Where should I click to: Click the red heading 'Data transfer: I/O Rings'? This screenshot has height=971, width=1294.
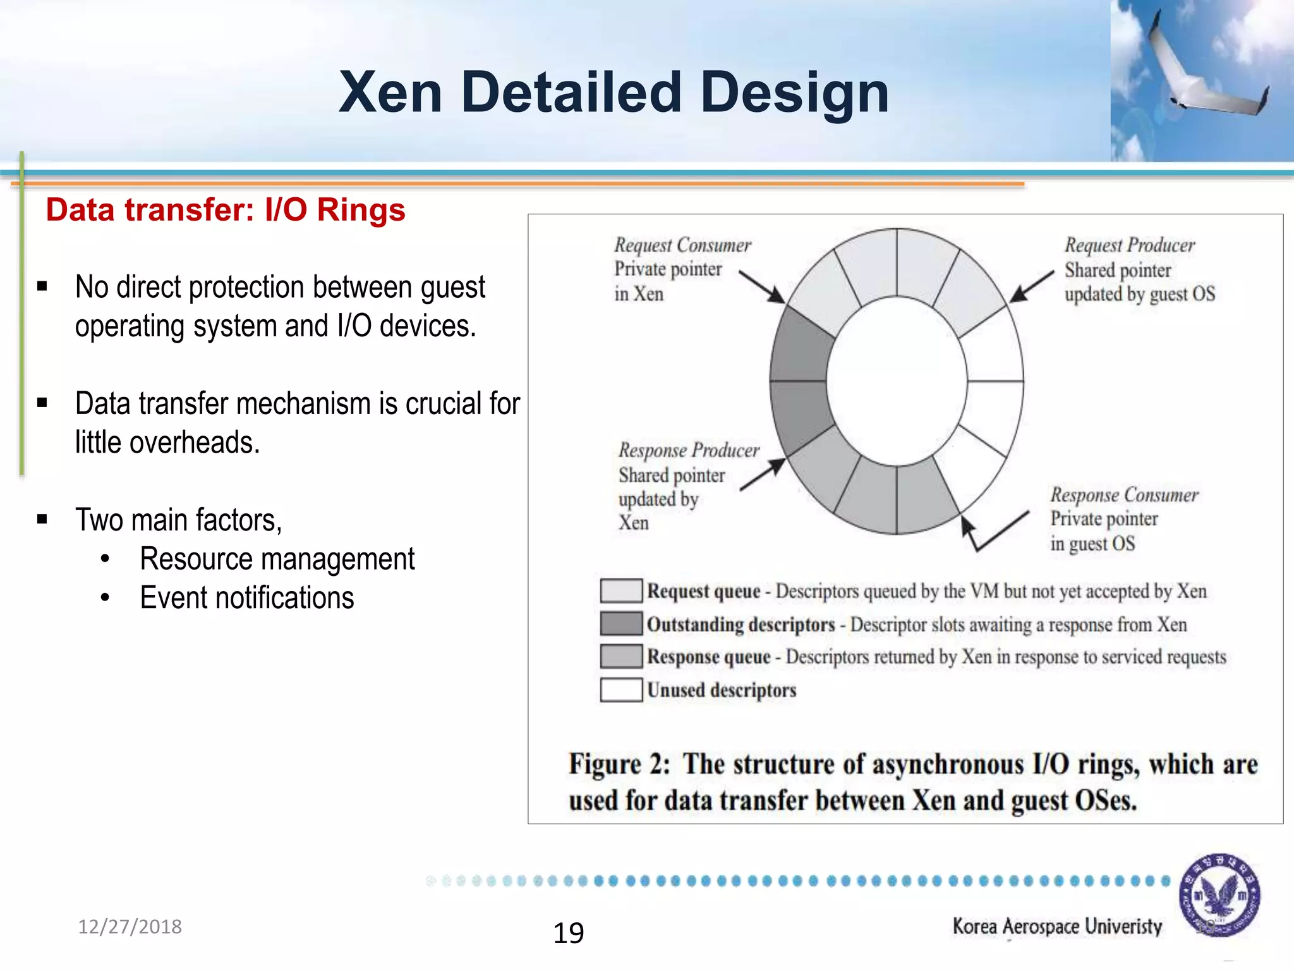(226, 210)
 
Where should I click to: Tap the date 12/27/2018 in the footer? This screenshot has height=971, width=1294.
(130, 927)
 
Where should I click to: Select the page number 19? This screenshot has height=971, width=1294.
(568, 933)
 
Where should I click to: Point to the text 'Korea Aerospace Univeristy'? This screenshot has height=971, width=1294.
(1057, 927)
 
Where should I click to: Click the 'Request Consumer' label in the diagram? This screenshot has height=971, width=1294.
(682, 245)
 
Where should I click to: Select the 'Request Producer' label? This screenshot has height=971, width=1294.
(1130, 245)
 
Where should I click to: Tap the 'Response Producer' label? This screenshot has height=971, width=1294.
(689, 450)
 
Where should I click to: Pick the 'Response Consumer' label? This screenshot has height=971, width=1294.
(1124, 495)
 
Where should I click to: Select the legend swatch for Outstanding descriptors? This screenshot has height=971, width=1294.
(621, 624)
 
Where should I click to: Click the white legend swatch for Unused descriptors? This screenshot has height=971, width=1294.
(621, 690)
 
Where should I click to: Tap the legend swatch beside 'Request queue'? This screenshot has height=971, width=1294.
(621, 590)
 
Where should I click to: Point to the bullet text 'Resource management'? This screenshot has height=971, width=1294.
(277, 559)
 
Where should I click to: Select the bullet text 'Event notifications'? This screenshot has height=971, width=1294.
(246, 598)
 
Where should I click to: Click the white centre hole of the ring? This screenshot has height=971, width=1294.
(897, 381)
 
